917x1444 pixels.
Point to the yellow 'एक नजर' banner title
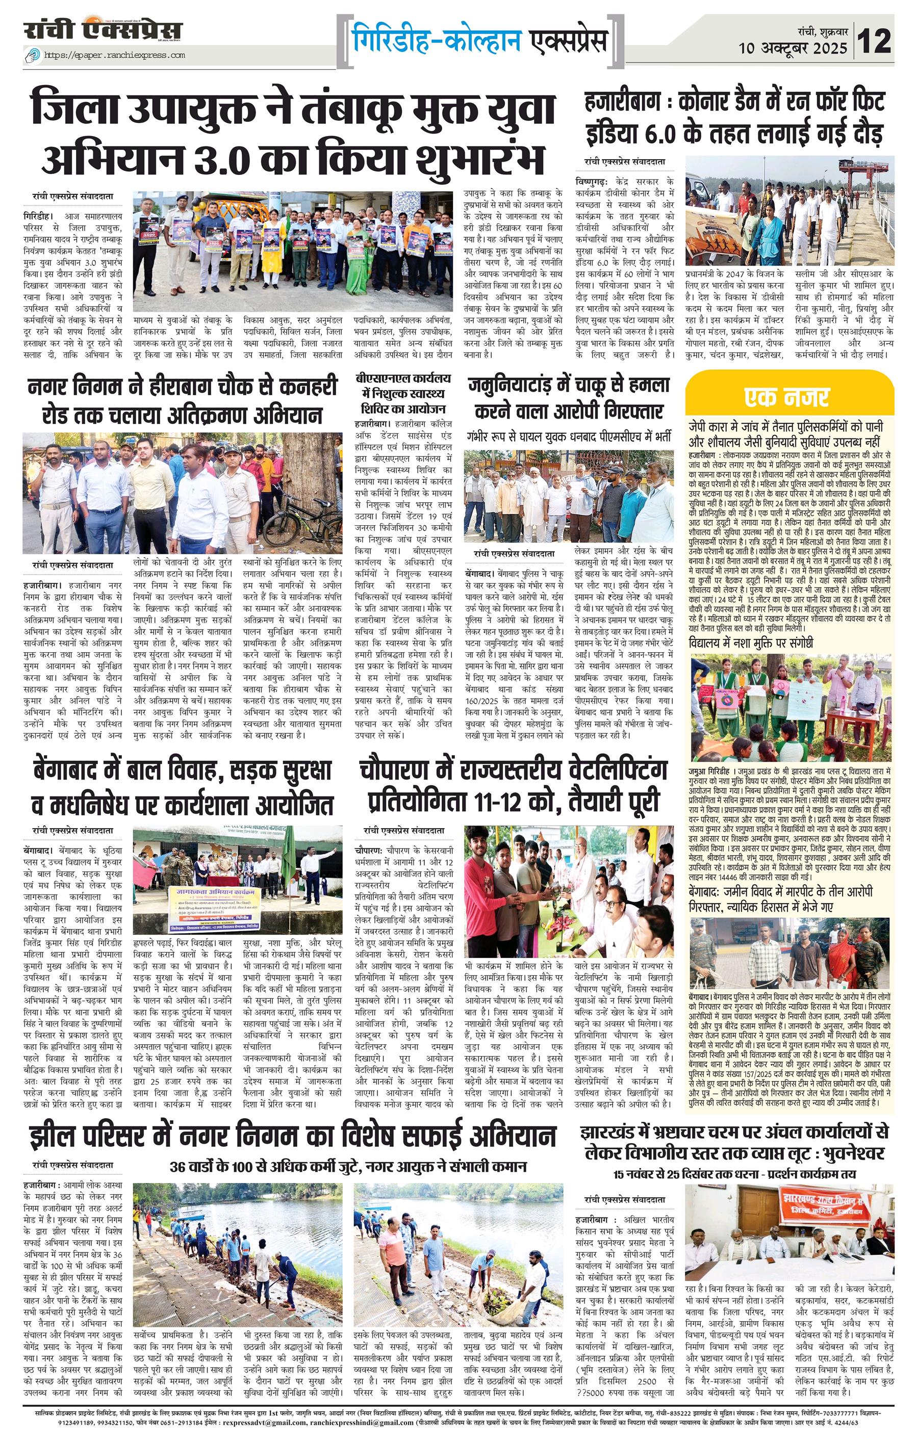786,397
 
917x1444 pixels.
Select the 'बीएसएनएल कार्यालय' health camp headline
402,394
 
